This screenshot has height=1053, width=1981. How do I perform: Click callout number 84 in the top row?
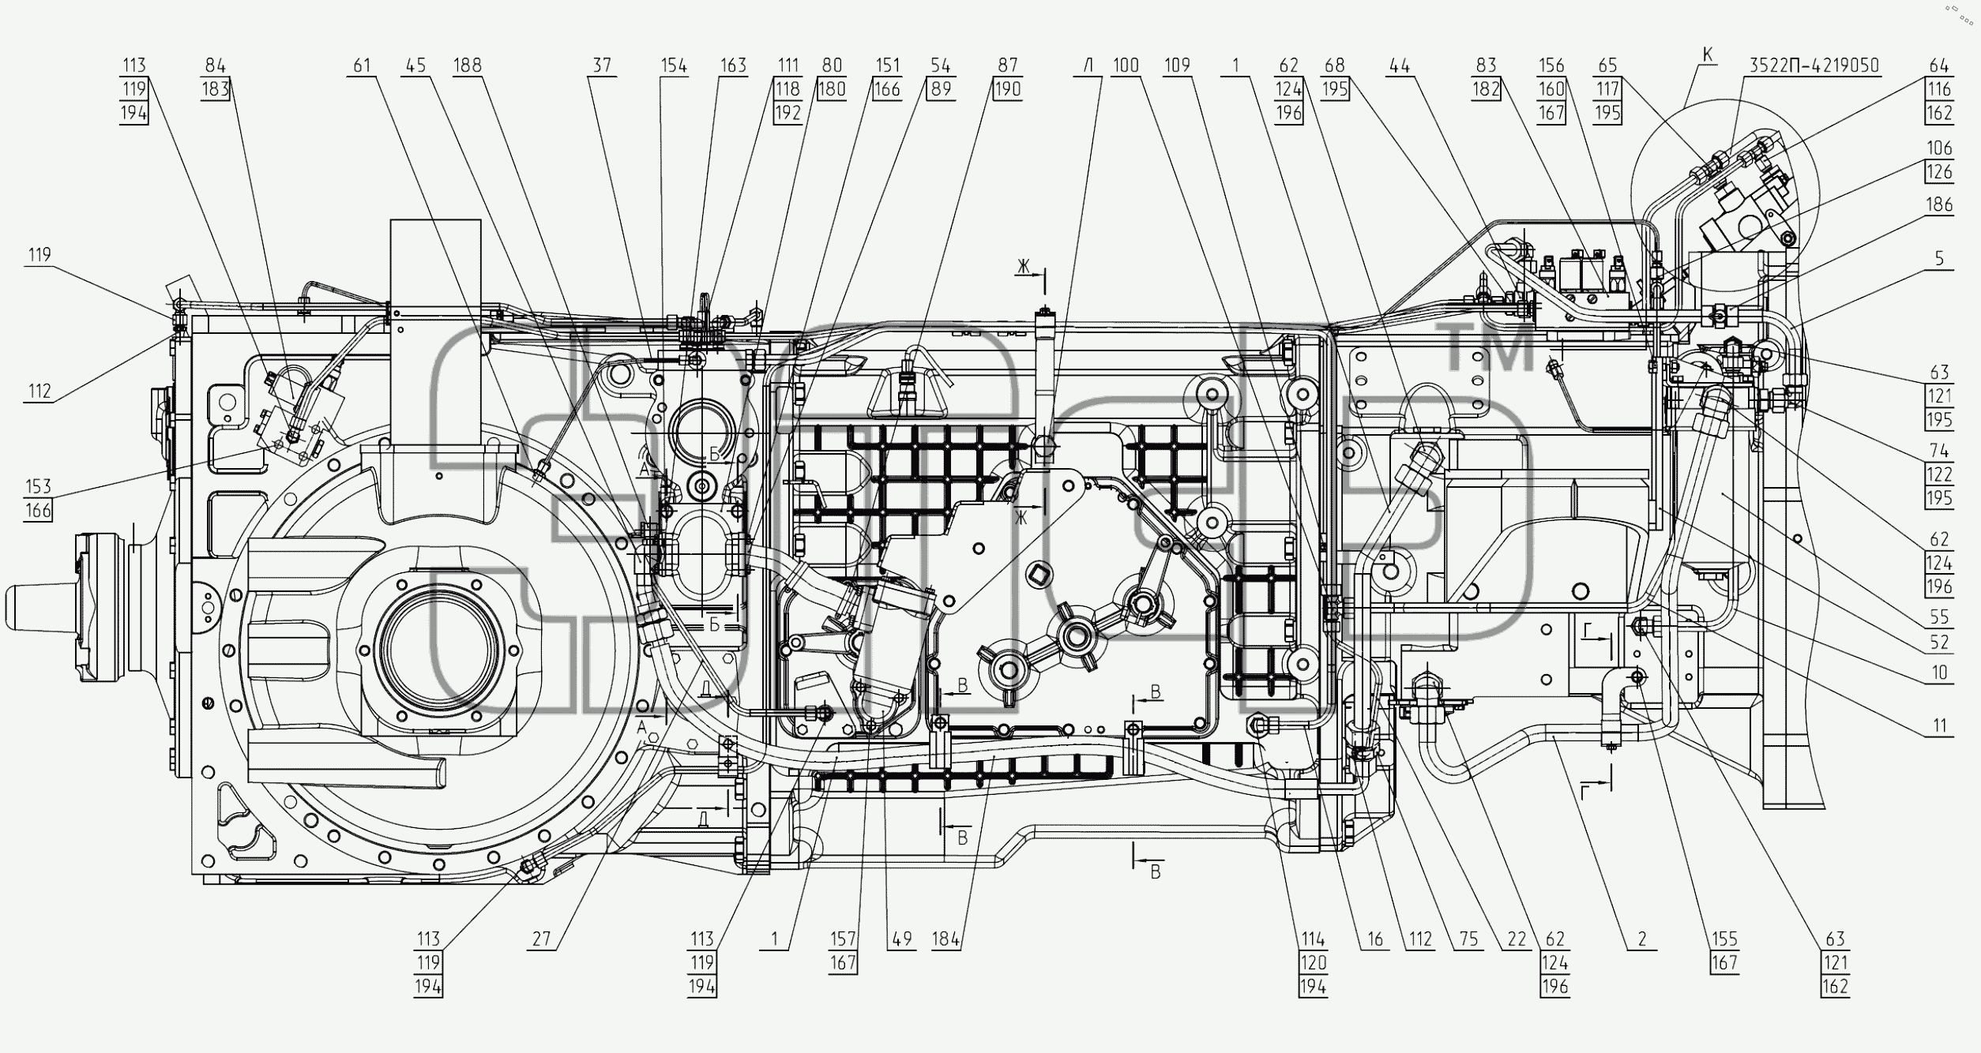click(x=215, y=66)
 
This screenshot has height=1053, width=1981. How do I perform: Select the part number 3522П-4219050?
click(x=1813, y=66)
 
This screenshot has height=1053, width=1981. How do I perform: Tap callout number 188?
click(x=468, y=66)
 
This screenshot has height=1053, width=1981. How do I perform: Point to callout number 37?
click(x=603, y=66)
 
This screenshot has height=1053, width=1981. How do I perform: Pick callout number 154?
click(x=674, y=66)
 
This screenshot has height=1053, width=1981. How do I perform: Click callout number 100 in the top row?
click(x=1126, y=66)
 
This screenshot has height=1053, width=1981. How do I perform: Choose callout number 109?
click(x=1177, y=66)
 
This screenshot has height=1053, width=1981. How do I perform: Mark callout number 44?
click(x=1400, y=66)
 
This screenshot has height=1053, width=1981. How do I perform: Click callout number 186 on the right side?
click(x=1939, y=204)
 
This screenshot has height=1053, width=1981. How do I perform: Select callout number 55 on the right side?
click(x=1939, y=616)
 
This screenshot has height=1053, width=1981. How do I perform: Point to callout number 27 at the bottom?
click(x=541, y=939)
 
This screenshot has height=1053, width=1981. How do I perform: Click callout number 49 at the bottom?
click(x=901, y=939)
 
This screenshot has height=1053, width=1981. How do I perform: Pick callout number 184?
click(x=946, y=939)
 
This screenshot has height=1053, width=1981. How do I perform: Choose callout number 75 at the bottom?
click(x=1468, y=939)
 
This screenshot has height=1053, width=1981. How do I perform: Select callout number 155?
click(x=1725, y=939)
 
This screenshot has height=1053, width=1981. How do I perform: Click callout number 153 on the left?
click(x=38, y=486)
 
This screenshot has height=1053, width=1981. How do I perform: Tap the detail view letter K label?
click(x=1708, y=54)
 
